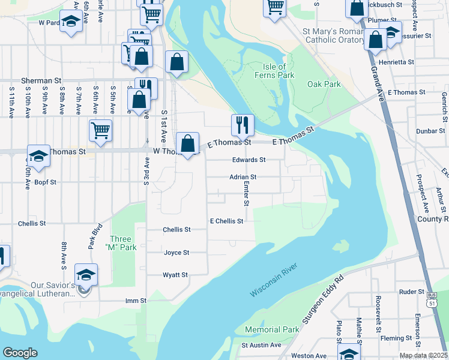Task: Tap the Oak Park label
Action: click(324, 85)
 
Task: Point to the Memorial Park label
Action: click(272, 329)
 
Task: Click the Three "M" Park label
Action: click(121, 243)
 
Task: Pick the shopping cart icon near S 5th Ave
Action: click(100, 130)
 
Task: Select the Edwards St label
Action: click(249, 160)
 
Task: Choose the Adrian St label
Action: click(243, 177)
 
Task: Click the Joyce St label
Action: click(176, 253)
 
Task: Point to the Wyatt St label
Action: click(175, 275)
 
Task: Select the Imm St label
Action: click(136, 301)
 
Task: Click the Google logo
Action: click(20, 353)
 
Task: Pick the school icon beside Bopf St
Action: click(38, 157)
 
